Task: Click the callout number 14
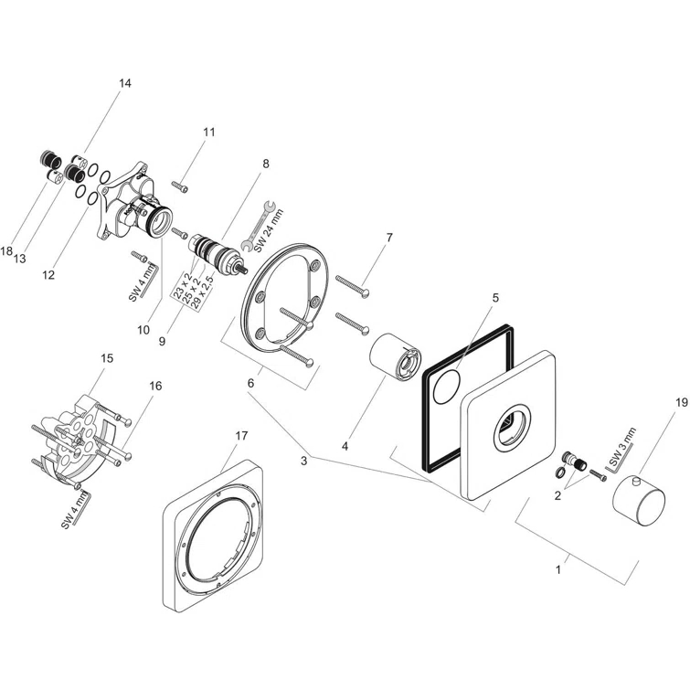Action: coord(125,83)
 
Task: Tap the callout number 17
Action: coord(241,436)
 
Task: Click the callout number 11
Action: coord(209,132)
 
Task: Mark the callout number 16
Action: coord(155,386)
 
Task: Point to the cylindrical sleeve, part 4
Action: coord(395,356)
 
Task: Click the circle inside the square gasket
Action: coord(447,388)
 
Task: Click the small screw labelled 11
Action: coord(182,187)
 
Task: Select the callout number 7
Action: coord(388,238)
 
